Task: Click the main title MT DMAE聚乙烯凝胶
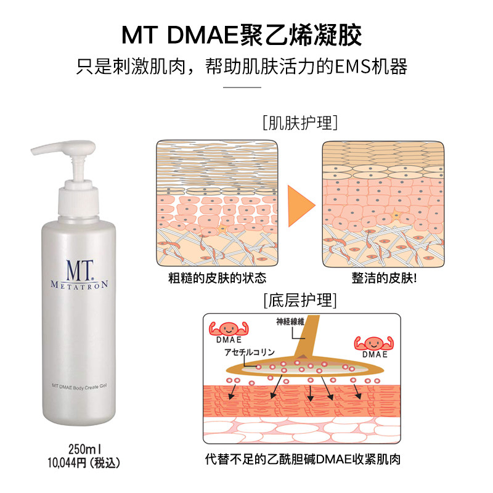pyautogui.click(x=246, y=35)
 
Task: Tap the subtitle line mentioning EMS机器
pyautogui.click(x=246, y=66)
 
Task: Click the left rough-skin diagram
pyautogui.click(x=216, y=203)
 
